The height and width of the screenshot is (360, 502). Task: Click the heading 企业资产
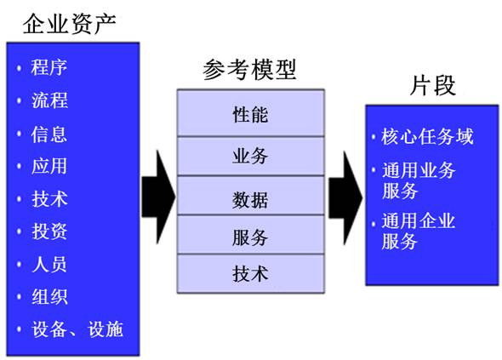69,24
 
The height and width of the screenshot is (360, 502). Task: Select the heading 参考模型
249,70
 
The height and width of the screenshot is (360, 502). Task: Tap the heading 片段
432,85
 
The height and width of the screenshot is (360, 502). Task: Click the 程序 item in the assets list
49,67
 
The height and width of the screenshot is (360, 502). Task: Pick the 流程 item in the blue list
49,100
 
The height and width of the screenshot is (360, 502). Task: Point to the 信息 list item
49,134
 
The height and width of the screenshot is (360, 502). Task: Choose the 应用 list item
49,166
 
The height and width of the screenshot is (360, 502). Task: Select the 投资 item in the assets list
49,231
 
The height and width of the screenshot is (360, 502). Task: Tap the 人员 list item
49,264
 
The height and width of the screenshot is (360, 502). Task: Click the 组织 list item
49,296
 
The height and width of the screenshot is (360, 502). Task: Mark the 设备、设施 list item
77,329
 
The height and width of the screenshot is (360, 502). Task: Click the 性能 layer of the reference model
251,113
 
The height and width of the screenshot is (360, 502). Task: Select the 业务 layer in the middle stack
251,157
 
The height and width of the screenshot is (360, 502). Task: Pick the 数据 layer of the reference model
251,196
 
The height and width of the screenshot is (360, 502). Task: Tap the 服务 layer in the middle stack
251,235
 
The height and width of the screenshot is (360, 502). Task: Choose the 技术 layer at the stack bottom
251,273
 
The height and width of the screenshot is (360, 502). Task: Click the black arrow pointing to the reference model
158,197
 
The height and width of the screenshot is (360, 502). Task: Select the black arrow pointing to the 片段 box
345,198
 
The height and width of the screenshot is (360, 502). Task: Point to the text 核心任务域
427,136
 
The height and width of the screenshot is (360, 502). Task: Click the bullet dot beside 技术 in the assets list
20,199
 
